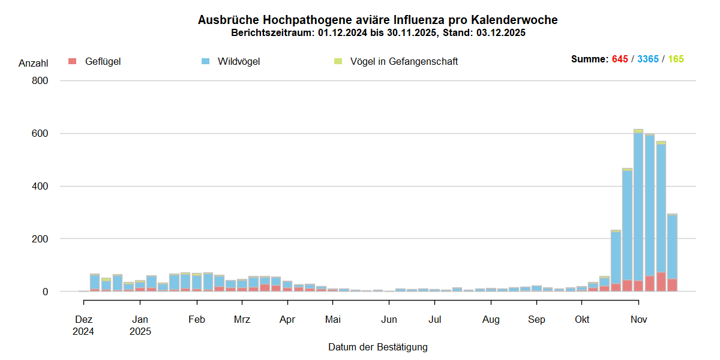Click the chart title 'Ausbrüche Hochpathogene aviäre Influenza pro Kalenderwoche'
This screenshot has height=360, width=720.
coord(377,20)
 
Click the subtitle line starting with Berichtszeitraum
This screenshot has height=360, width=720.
coord(377,33)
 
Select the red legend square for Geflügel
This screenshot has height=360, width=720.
coord(73,61)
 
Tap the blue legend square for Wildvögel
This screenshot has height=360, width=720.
coord(206,61)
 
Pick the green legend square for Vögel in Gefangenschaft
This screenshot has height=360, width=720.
coord(338,61)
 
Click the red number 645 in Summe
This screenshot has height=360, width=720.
coord(620,59)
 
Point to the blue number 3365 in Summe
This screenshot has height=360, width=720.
coord(648,59)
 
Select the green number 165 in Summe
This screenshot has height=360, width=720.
coord(676,59)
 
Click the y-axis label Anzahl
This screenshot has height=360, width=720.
coord(33,63)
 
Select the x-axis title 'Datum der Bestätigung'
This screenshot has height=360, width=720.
coord(377,347)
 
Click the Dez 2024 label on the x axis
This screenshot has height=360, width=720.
coord(83,325)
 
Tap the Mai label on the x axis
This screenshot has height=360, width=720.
coord(332,320)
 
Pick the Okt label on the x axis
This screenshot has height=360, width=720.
coord(581,320)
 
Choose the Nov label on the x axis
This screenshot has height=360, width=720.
coord(638,320)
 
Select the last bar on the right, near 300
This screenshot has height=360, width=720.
coord(672,252)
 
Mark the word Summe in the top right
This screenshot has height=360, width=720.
coord(589,59)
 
